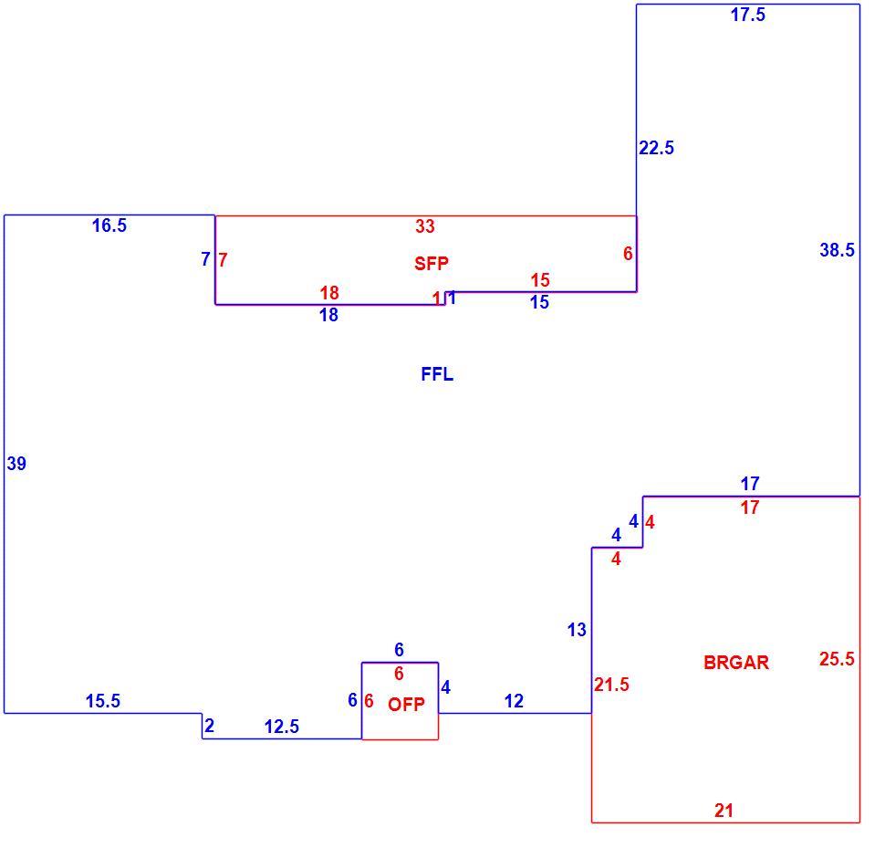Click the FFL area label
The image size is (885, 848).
click(x=437, y=374)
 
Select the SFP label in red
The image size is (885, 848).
click(x=432, y=263)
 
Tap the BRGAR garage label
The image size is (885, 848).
click(x=736, y=663)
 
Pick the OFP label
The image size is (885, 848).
click(x=406, y=704)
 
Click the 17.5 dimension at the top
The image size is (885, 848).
click(x=748, y=15)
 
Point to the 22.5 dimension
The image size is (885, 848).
click(x=656, y=148)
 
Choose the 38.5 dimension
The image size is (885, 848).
click(x=837, y=250)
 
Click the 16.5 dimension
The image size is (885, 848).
click(x=109, y=225)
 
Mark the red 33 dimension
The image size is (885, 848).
click(x=425, y=226)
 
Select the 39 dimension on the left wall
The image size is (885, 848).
click(x=16, y=464)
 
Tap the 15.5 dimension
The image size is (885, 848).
click(x=103, y=701)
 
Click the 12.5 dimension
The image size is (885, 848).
click(x=282, y=727)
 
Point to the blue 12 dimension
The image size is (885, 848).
click(x=514, y=701)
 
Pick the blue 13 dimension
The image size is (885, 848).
click(x=577, y=630)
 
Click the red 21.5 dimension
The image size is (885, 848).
click(x=611, y=685)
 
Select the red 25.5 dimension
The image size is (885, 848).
click(x=837, y=659)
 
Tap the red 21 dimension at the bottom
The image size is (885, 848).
click(x=724, y=811)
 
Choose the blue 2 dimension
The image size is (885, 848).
click(x=210, y=726)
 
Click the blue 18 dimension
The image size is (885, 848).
click(x=328, y=315)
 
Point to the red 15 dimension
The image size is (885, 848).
click(x=540, y=280)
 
